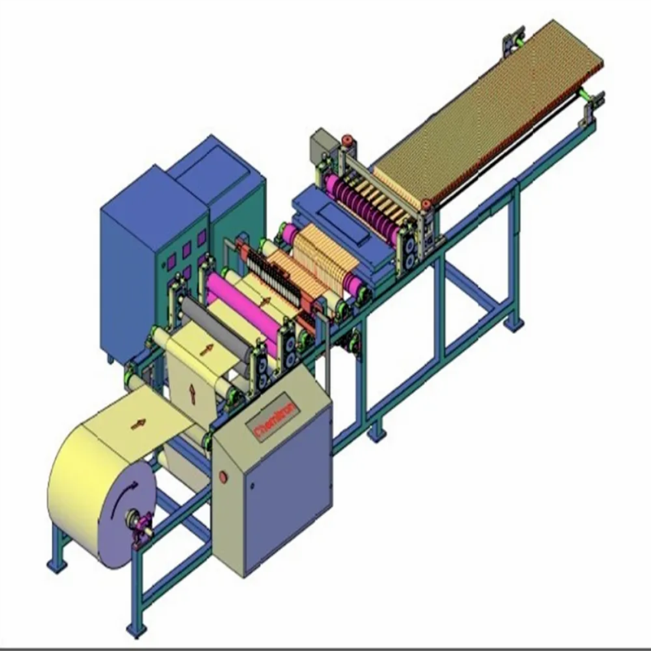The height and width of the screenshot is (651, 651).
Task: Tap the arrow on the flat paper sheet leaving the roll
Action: tap(138, 424)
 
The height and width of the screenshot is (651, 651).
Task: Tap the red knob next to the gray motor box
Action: tap(347, 140)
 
